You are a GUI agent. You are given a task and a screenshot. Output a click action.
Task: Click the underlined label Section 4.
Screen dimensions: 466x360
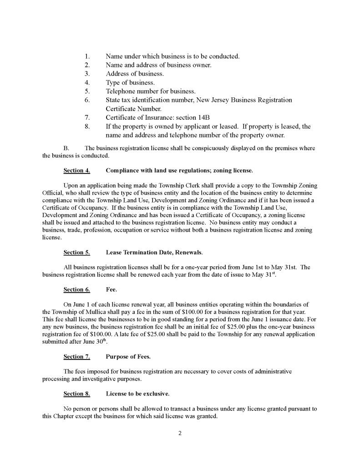[76, 171]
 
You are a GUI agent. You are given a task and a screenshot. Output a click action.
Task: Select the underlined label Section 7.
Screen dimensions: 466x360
[76, 356]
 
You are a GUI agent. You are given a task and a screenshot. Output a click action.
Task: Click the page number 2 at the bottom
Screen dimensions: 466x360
[180, 433]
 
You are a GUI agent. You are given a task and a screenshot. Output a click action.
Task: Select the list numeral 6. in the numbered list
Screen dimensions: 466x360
[87, 100]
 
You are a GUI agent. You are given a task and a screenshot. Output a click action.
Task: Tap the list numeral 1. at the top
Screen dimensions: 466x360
[87, 56]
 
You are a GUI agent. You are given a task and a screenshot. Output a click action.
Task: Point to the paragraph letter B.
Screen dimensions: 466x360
[66, 148]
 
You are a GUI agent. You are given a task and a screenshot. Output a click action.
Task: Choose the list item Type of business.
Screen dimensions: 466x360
[130, 83]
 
